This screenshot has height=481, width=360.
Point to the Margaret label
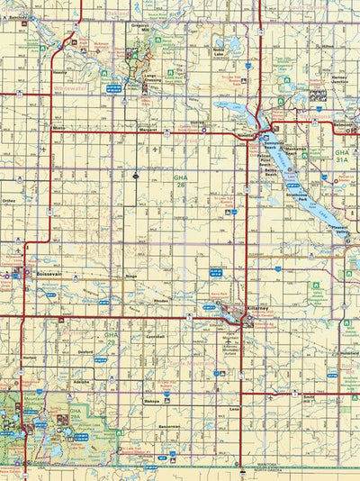pyautogui.click(x=123, y=129)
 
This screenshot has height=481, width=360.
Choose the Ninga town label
pyautogui.click(x=131, y=277)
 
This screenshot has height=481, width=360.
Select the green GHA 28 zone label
pyautogui.click(x=180, y=183)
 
